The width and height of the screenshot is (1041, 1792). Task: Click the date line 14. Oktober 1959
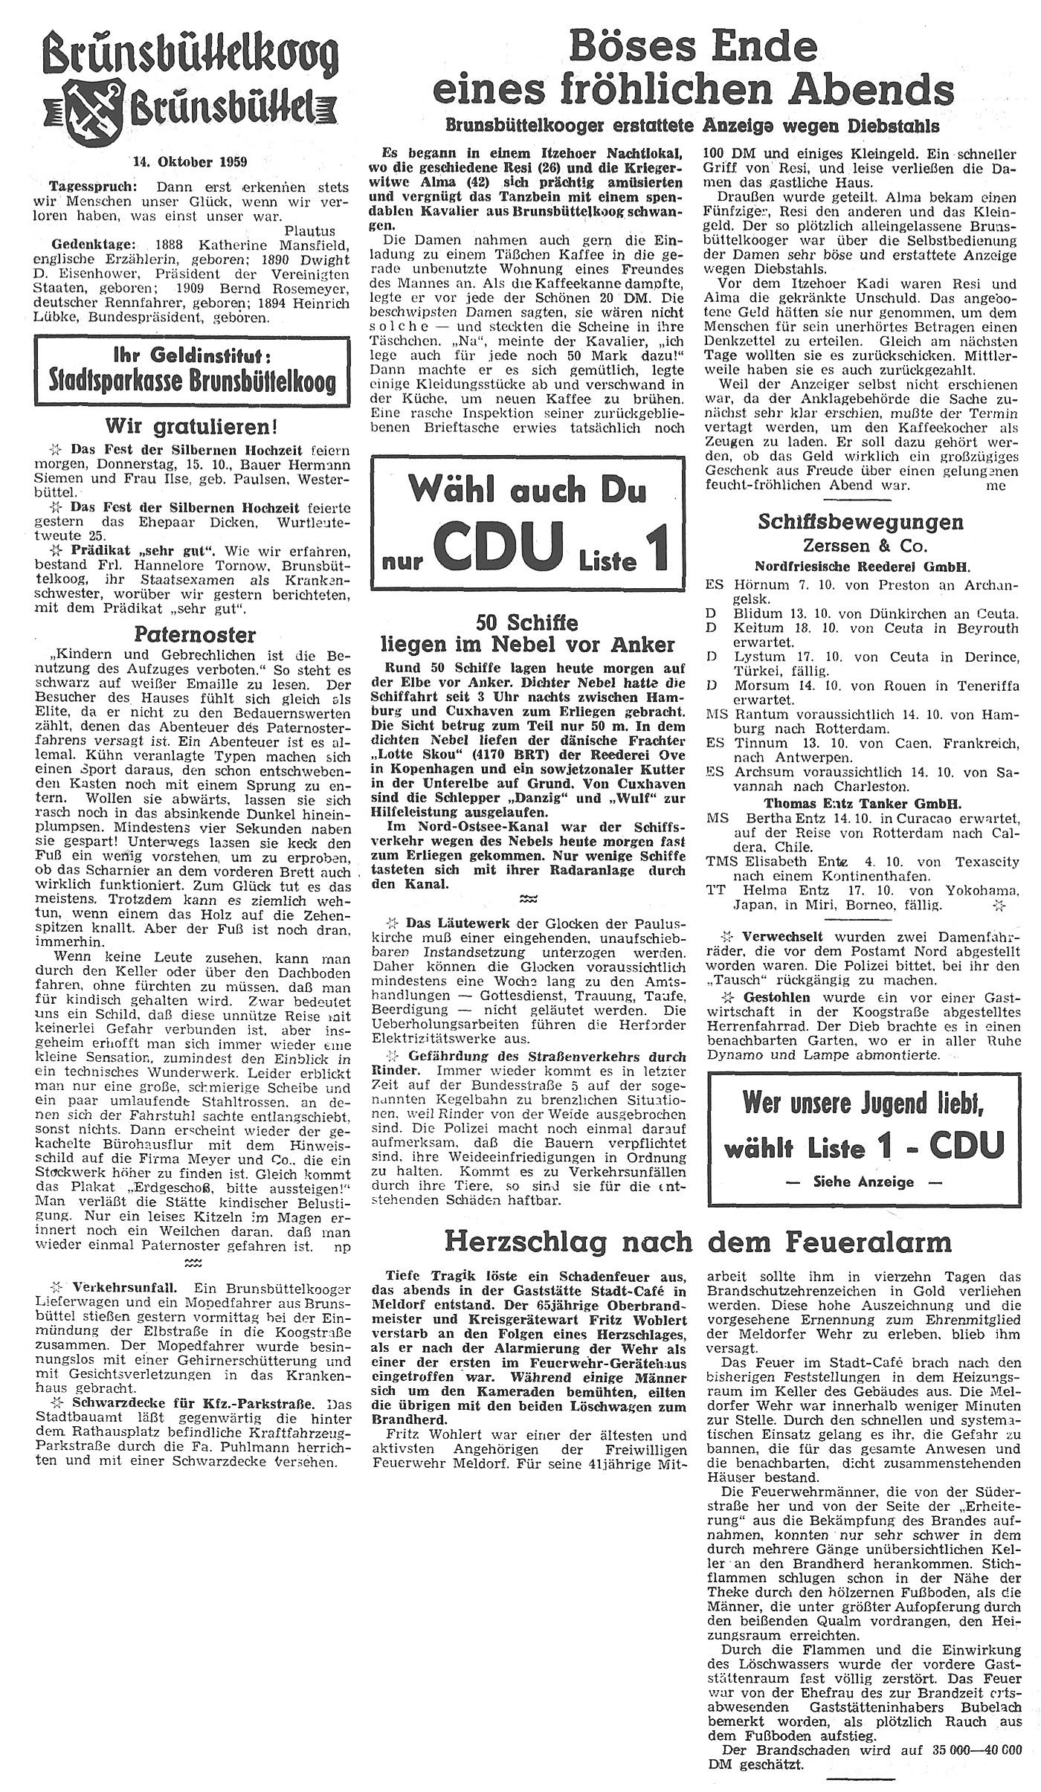(x=190, y=161)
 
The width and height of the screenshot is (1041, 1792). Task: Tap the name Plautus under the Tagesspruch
(x=309, y=231)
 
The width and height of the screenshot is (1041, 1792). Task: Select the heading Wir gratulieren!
(x=193, y=427)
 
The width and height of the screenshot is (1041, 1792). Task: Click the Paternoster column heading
(x=194, y=634)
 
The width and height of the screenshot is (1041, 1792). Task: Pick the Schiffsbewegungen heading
(x=860, y=522)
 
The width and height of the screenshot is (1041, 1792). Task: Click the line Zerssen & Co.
(x=861, y=545)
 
